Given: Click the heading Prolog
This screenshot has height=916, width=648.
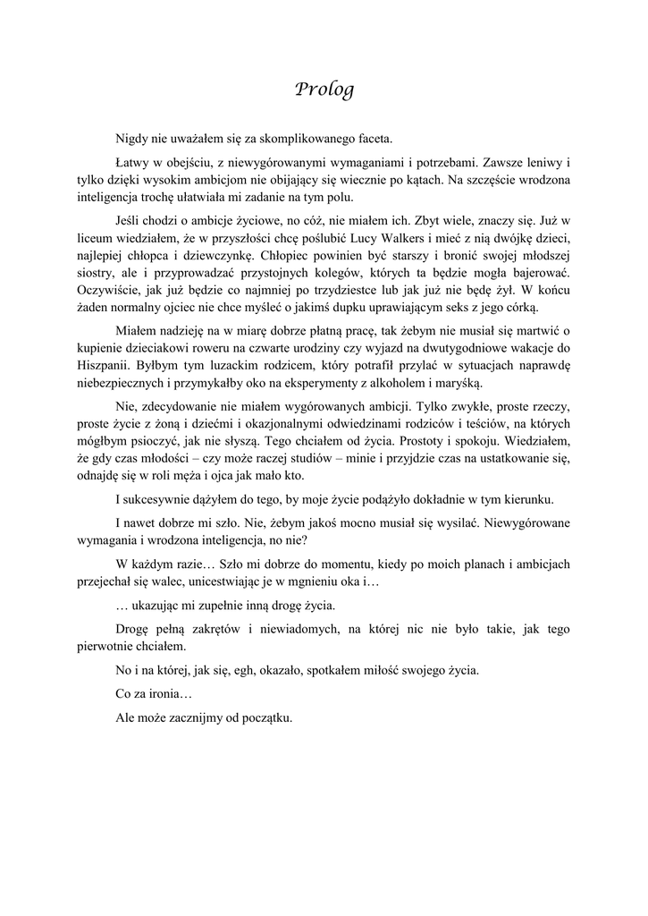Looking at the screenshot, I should pos(324,89).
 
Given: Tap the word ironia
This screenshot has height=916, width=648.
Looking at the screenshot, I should pos(162,693).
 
